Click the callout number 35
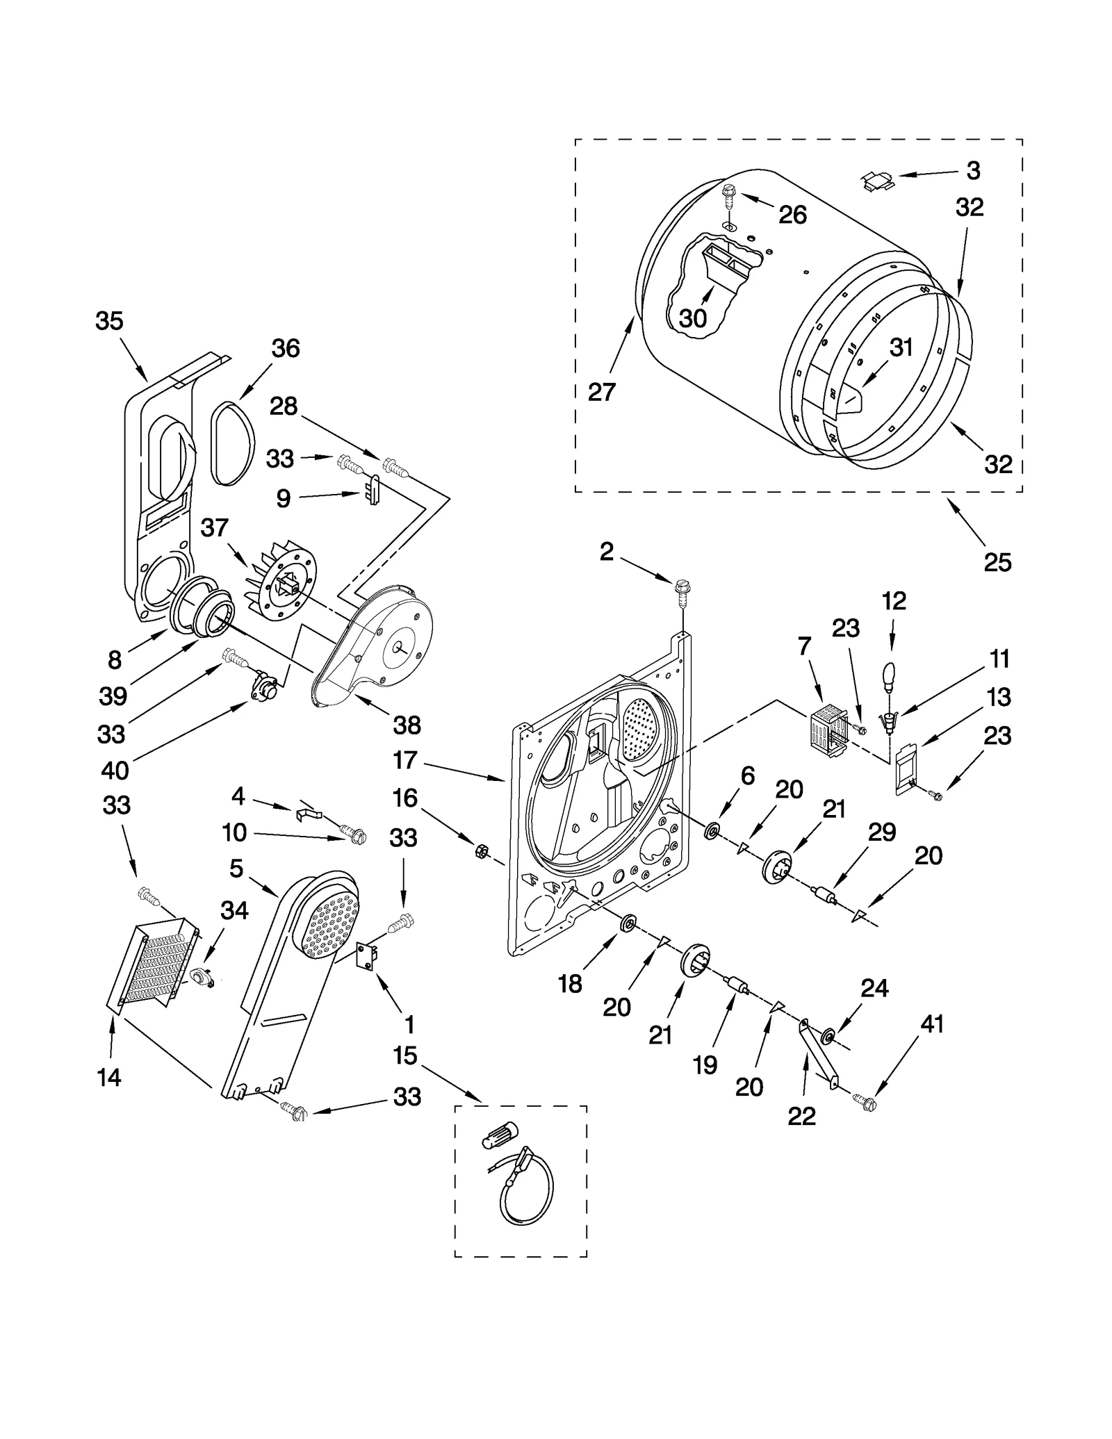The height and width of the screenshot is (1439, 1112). (x=109, y=322)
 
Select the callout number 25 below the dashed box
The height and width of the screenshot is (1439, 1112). (x=997, y=561)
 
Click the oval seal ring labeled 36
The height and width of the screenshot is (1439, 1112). (x=230, y=442)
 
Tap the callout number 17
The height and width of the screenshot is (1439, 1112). (x=404, y=760)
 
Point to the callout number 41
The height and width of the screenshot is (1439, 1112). (x=932, y=1023)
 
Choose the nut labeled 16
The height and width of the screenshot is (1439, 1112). (x=480, y=850)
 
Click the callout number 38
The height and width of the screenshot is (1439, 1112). (x=407, y=725)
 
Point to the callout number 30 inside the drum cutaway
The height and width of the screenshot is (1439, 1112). (x=692, y=318)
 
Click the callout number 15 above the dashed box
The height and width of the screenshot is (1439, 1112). (x=404, y=1056)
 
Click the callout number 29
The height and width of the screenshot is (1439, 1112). (x=882, y=832)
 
